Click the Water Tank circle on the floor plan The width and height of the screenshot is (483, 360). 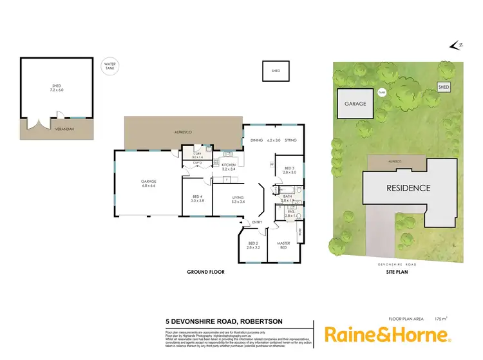[x=111, y=66]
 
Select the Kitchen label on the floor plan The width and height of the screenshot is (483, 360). [x=229, y=167]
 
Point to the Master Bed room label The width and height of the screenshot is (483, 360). [x=283, y=245]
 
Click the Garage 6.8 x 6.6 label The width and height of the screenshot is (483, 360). [x=149, y=184]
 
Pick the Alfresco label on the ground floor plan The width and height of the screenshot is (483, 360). [x=184, y=132]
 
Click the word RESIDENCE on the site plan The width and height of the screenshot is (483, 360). [x=408, y=189]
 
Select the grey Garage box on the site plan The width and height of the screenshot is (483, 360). [x=355, y=103]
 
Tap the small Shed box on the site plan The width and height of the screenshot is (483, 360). [x=444, y=86]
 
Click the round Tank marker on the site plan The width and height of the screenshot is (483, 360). [x=381, y=92]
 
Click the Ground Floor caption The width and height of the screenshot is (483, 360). [x=205, y=273]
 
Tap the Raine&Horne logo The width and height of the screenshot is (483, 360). [x=387, y=334]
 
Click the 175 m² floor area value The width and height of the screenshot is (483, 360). [x=441, y=318]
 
